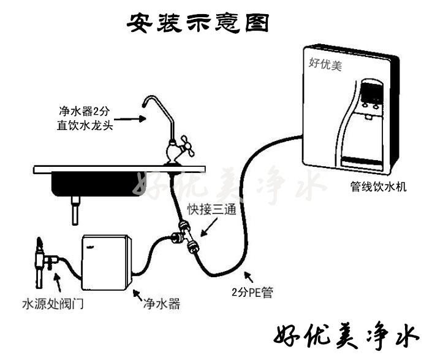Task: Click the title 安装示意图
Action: tap(199, 23)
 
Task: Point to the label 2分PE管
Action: tap(252, 292)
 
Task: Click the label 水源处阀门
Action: tap(52, 304)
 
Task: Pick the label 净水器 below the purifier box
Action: tap(161, 304)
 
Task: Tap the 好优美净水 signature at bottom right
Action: tap(346, 335)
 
